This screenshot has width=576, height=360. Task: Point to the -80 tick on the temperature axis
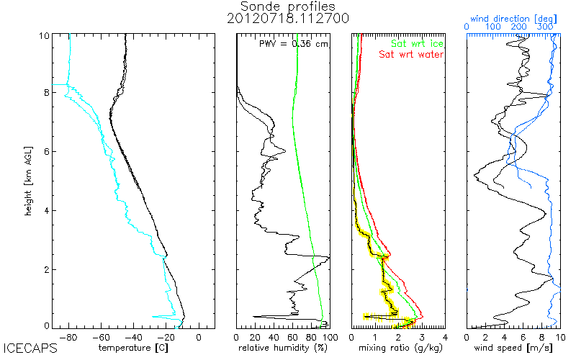click(70, 336)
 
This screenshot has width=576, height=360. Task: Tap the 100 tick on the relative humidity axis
click(328, 336)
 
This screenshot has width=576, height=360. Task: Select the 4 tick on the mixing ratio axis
click(445, 336)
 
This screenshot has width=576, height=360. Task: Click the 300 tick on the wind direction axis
click(546, 27)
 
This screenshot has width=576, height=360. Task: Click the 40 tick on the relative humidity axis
click(274, 336)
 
